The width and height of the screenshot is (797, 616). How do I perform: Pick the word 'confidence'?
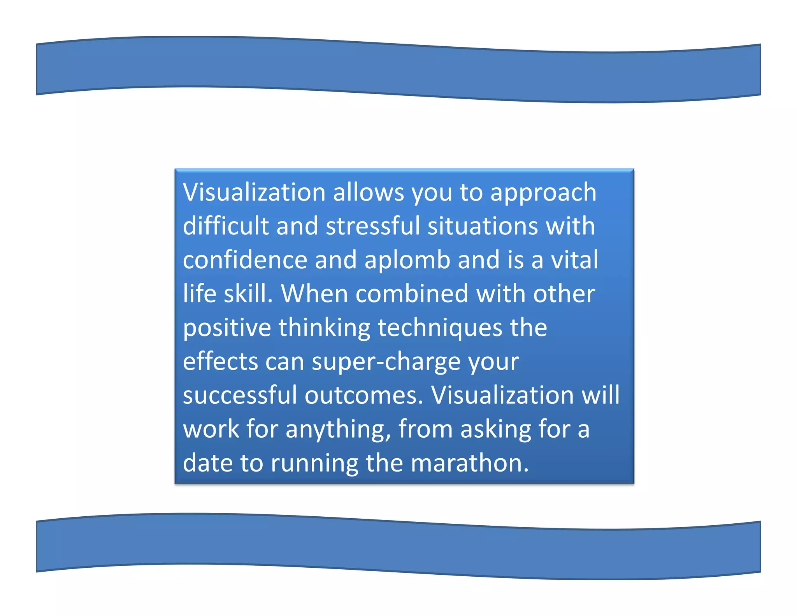[245, 260]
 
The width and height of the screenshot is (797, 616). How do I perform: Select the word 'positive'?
[227, 328]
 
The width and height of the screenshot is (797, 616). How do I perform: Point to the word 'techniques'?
[440, 328]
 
